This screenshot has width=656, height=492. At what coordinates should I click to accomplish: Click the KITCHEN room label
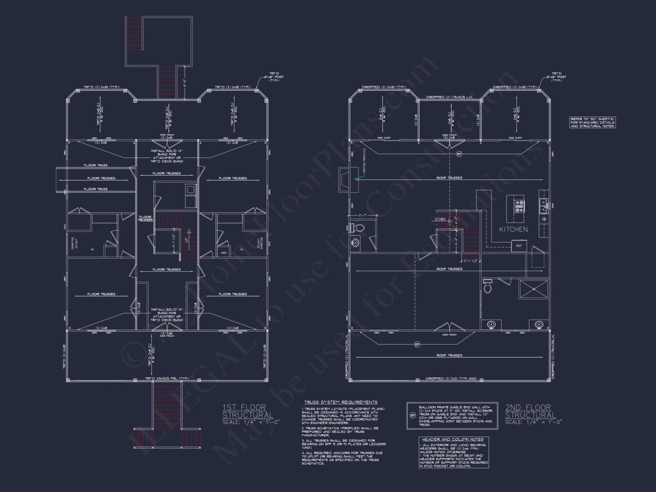pyautogui.click(x=513, y=229)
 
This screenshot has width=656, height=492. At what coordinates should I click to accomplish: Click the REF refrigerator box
pyautogui.click(x=519, y=246)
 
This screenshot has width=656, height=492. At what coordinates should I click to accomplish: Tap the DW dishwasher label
pyautogui.click(x=544, y=219)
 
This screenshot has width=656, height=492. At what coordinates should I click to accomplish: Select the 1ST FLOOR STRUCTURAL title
pyautogui.click(x=248, y=411)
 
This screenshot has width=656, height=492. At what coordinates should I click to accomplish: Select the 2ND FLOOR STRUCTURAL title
pyautogui.click(x=530, y=411)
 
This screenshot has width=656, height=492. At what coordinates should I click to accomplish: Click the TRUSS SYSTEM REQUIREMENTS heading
pyautogui.click(x=341, y=402)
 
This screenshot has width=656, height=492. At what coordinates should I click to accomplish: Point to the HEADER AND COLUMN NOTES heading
pyautogui.click(x=453, y=439)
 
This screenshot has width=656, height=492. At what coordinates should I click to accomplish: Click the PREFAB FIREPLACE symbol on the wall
pyautogui.click(x=348, y=180)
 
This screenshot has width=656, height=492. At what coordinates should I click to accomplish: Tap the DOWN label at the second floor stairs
pyautogui.click(x=440, y=219)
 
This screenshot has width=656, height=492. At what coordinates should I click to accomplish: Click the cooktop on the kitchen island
pyautogui.click(x=519, y=206)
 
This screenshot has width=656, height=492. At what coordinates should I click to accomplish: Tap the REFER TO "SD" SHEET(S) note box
pyautogui.click(x=592, y=122)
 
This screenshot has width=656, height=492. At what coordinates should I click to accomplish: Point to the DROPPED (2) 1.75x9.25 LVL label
pyautogui.click(x=449, y=97)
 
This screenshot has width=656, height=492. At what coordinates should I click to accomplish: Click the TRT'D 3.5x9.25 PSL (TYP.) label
pyautogui.click(x=167, y=378)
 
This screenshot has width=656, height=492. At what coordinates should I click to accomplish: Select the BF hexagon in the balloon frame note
pyautogui.click(x=413, y=416)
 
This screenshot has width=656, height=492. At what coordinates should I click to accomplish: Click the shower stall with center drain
pyautogui.click(x=534, y=289)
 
